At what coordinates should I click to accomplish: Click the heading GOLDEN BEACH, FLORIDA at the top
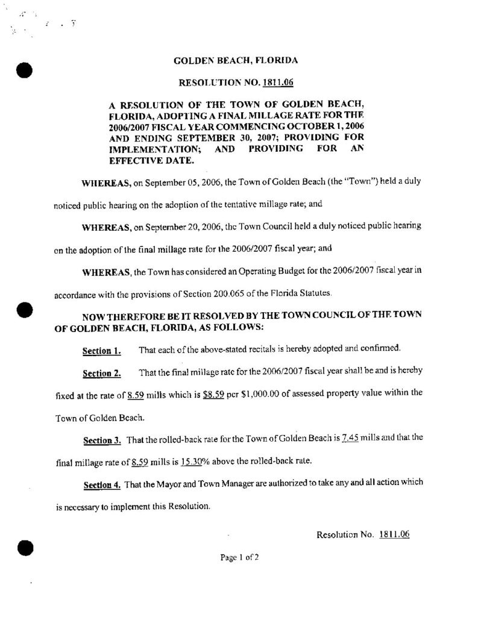(235, 61)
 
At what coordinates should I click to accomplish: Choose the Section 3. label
(101, 440)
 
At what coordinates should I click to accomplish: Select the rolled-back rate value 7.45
(350, 439)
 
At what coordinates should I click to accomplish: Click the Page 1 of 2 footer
(239, 558)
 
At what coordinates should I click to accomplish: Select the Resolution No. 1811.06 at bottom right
(362, 534)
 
